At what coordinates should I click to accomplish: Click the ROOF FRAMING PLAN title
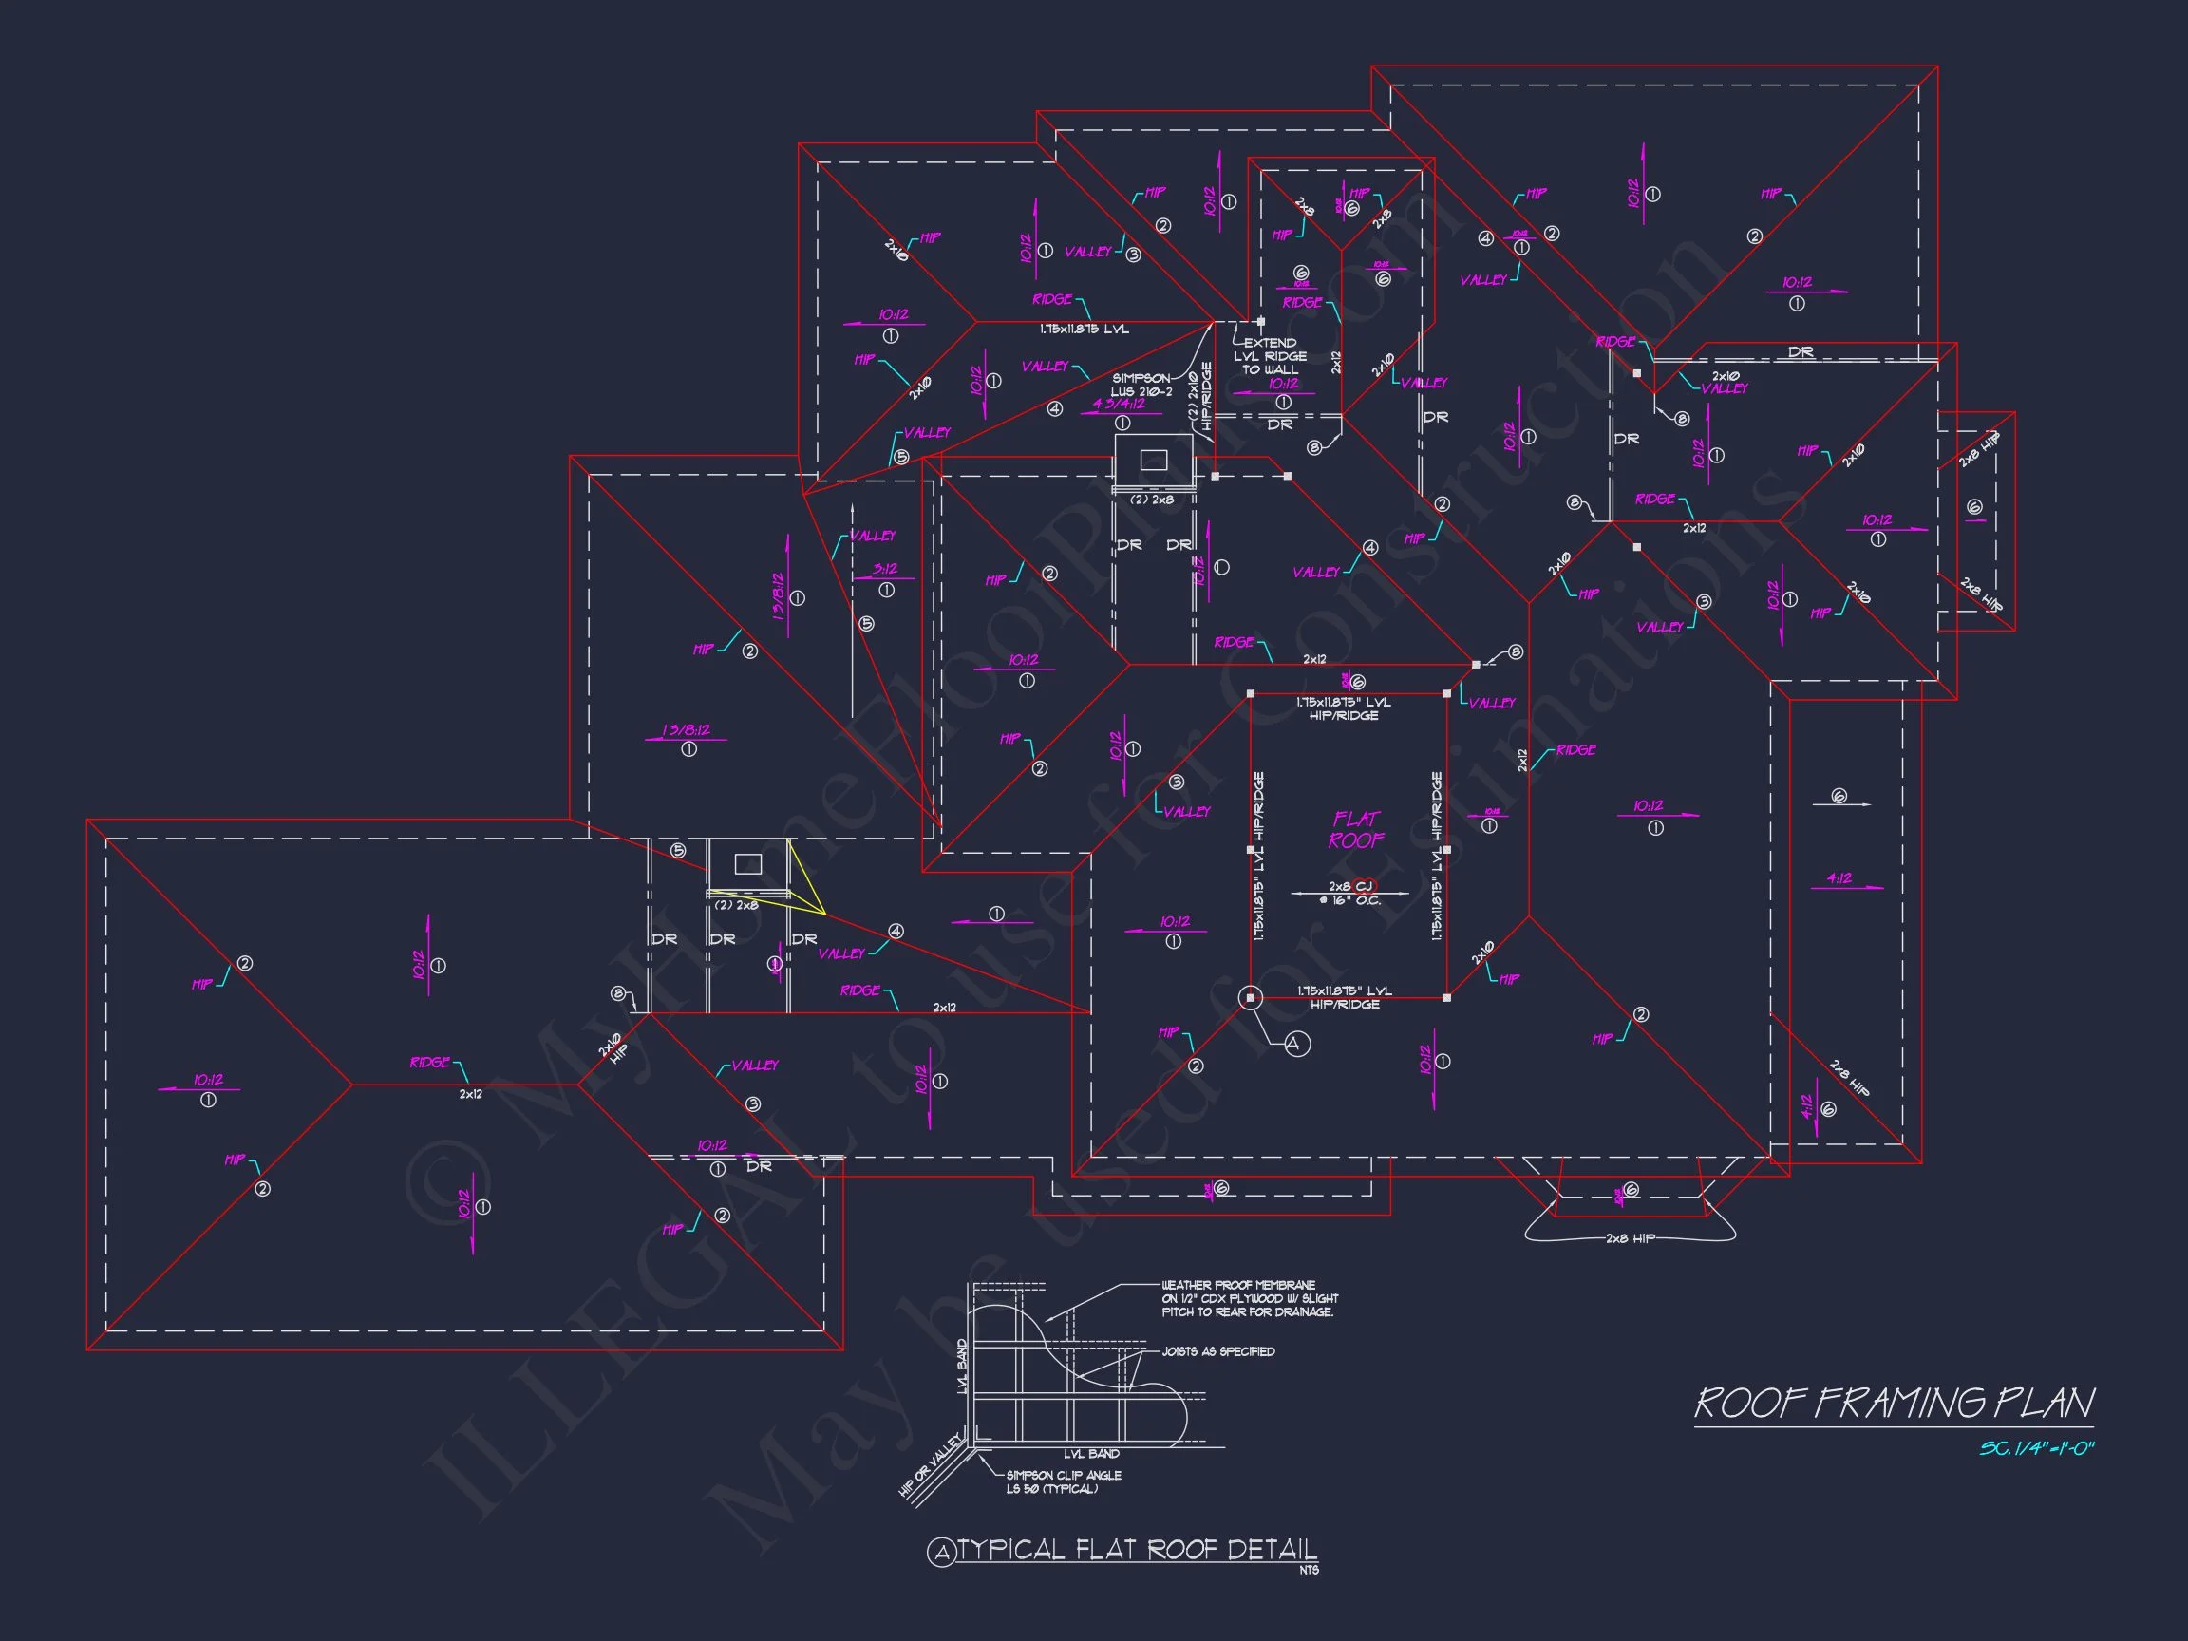point(1894,1404)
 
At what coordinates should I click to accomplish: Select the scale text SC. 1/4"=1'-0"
point(2036,1449)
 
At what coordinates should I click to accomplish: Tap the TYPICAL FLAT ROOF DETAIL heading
point(1138,1549)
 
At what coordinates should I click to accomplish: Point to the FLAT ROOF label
point(1356,830)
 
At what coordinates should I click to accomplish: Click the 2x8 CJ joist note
point(1350,893)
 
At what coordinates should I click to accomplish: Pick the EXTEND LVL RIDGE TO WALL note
point(1270,356)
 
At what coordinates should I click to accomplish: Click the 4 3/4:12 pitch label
point(1119,404)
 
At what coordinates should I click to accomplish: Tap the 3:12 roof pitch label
point(885,569)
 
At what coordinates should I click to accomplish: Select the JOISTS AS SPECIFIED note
point(1217,1351)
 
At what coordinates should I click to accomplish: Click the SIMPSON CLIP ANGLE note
point(1064,1481)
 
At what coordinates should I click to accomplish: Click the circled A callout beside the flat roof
point(1297,1043)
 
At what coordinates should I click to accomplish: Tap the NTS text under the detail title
point(1309,1570)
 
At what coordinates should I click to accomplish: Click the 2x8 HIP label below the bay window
point(1630,1238)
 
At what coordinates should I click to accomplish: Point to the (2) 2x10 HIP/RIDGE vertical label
point(1198,397)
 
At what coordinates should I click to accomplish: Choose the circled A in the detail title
point(941,1553)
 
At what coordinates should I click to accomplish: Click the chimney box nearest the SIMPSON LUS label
point(1153,460)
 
